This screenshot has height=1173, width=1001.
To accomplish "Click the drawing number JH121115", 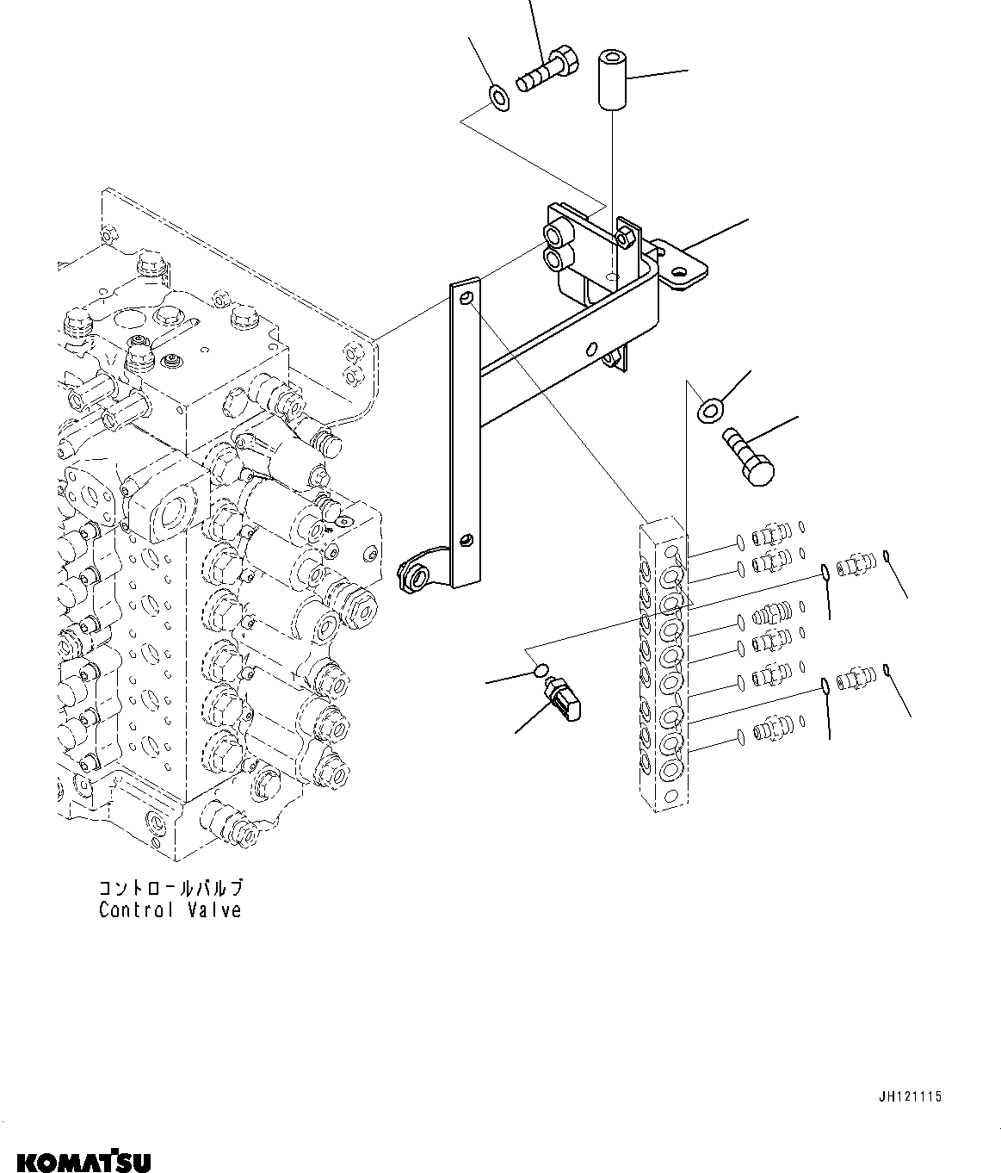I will point(910,1096).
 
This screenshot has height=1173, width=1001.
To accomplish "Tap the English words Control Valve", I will point(170,909).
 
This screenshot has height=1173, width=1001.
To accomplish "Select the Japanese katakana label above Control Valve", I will point(170,888).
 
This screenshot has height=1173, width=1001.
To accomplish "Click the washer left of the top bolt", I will point(499,98).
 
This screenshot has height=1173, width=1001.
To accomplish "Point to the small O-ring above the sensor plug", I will point(540,669).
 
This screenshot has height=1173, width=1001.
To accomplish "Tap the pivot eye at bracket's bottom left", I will point(417,574).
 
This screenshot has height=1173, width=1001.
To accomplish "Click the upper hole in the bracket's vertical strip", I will point(466,298).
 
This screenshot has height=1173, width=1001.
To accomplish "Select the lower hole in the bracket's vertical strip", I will point(465,540).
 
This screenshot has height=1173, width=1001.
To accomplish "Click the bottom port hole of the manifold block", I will point(671,766).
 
